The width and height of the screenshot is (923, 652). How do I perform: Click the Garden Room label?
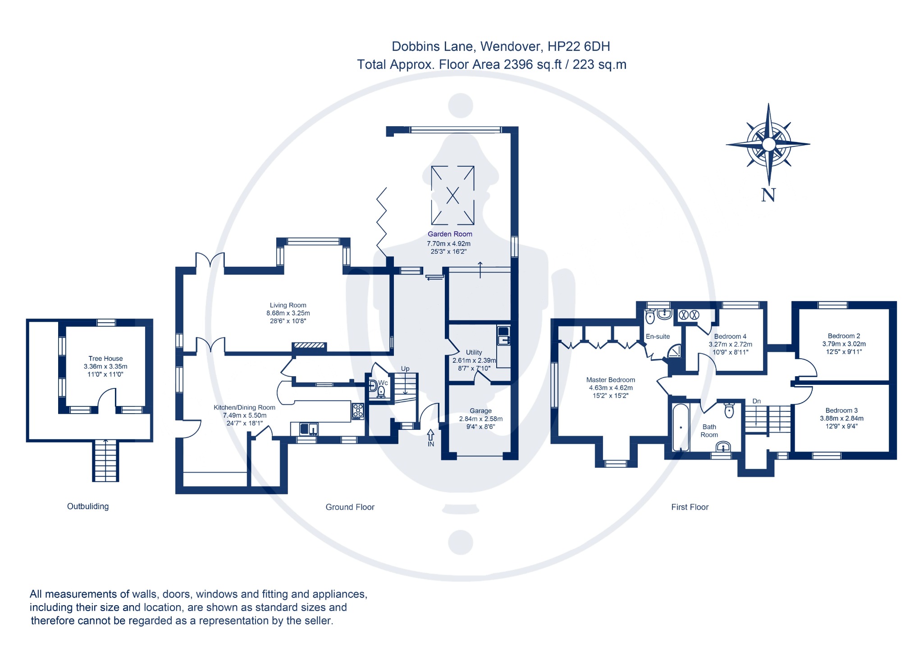pyautogui.click(x=450, y=234)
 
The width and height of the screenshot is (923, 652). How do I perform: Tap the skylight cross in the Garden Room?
pyautogui.click(x=452, y=195)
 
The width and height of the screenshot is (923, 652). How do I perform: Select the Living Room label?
pyautogui.click(x=288, y=305)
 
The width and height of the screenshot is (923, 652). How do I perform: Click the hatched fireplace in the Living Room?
pyautogui.click(x=309, y=346)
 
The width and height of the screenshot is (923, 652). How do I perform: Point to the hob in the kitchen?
pyautogui.click(x=358, y=411)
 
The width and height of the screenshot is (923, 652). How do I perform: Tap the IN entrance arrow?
pyautogui.click(x=430, y=438)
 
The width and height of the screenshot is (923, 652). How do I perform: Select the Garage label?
pyautogui.click(x=480, y=410)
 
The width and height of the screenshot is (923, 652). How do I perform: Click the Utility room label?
pyautogui.click(x=474, y=352)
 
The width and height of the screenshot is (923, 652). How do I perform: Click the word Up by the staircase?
pyautogui.click(x=405, y=369)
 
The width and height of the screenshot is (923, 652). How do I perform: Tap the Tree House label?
pyautogui.click(x=105, y=358)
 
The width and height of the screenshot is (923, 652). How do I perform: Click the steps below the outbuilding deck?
pyautogui.click(x=106, y=461)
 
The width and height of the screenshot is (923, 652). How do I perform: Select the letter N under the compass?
pyautogui.click(x=768, y=195)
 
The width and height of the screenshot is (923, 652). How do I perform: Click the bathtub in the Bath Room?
pyautogui.click(x=681, y=427)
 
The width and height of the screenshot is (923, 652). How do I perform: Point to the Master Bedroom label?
pyautogui.click(x=611, y=380)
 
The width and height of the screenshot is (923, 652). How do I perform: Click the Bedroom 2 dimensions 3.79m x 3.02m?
pyautogui.click(x=844, y=344)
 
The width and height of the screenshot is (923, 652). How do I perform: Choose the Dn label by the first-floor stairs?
pyautogui.click(x=756, y=401)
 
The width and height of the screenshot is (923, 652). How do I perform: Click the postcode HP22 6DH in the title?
pyautogui.click(x=579, y=46)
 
